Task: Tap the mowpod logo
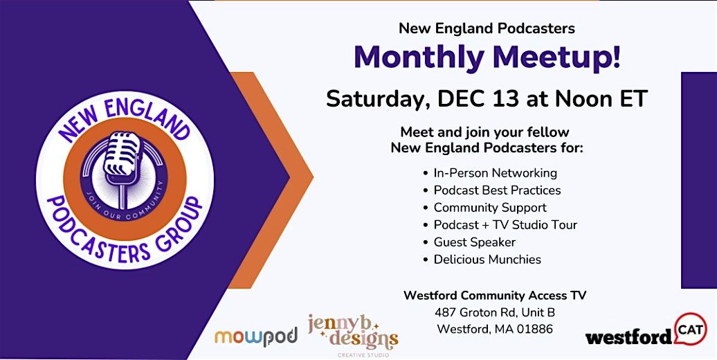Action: pos(255,336)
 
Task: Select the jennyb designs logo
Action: pos(353,331)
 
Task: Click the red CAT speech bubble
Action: pos(689,326)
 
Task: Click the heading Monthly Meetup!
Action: pos(487,57)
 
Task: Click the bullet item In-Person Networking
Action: pos(495,172)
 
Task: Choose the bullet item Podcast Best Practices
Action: pos(497,190)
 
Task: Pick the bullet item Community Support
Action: pos(490,207)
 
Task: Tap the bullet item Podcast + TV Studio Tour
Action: pos(505,224)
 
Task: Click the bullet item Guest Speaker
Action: pos(474,242)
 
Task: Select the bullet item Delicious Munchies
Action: pos(487,260)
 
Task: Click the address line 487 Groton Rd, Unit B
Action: pos(495,312)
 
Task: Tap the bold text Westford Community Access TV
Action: pos(495,296)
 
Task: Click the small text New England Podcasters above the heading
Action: pos(487,29)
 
